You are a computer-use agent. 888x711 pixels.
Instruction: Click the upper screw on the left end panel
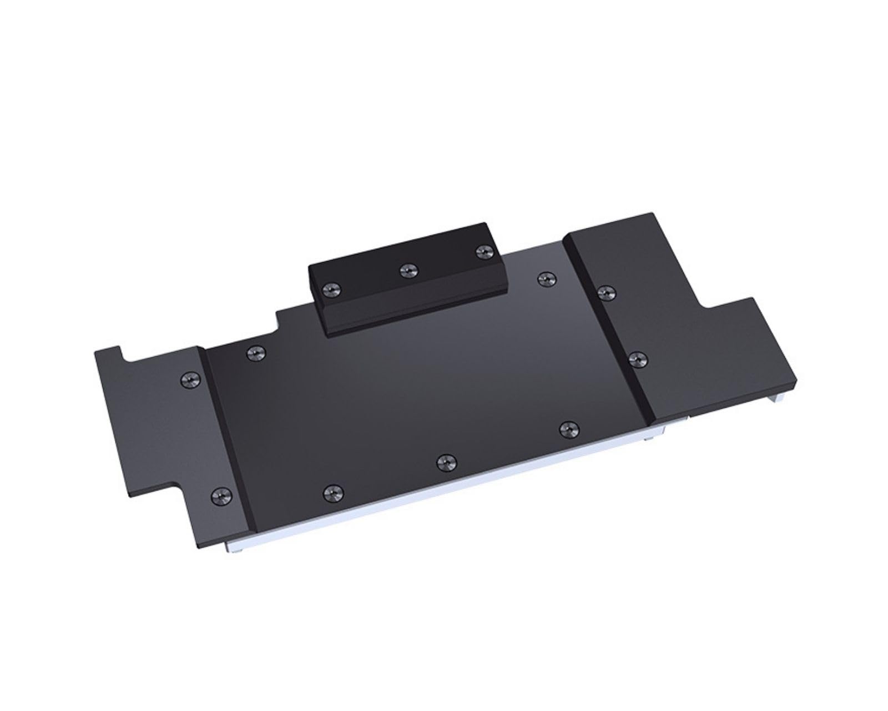click(x=187, y=379)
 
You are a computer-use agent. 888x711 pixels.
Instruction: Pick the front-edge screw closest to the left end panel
click(x=331, y=490)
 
